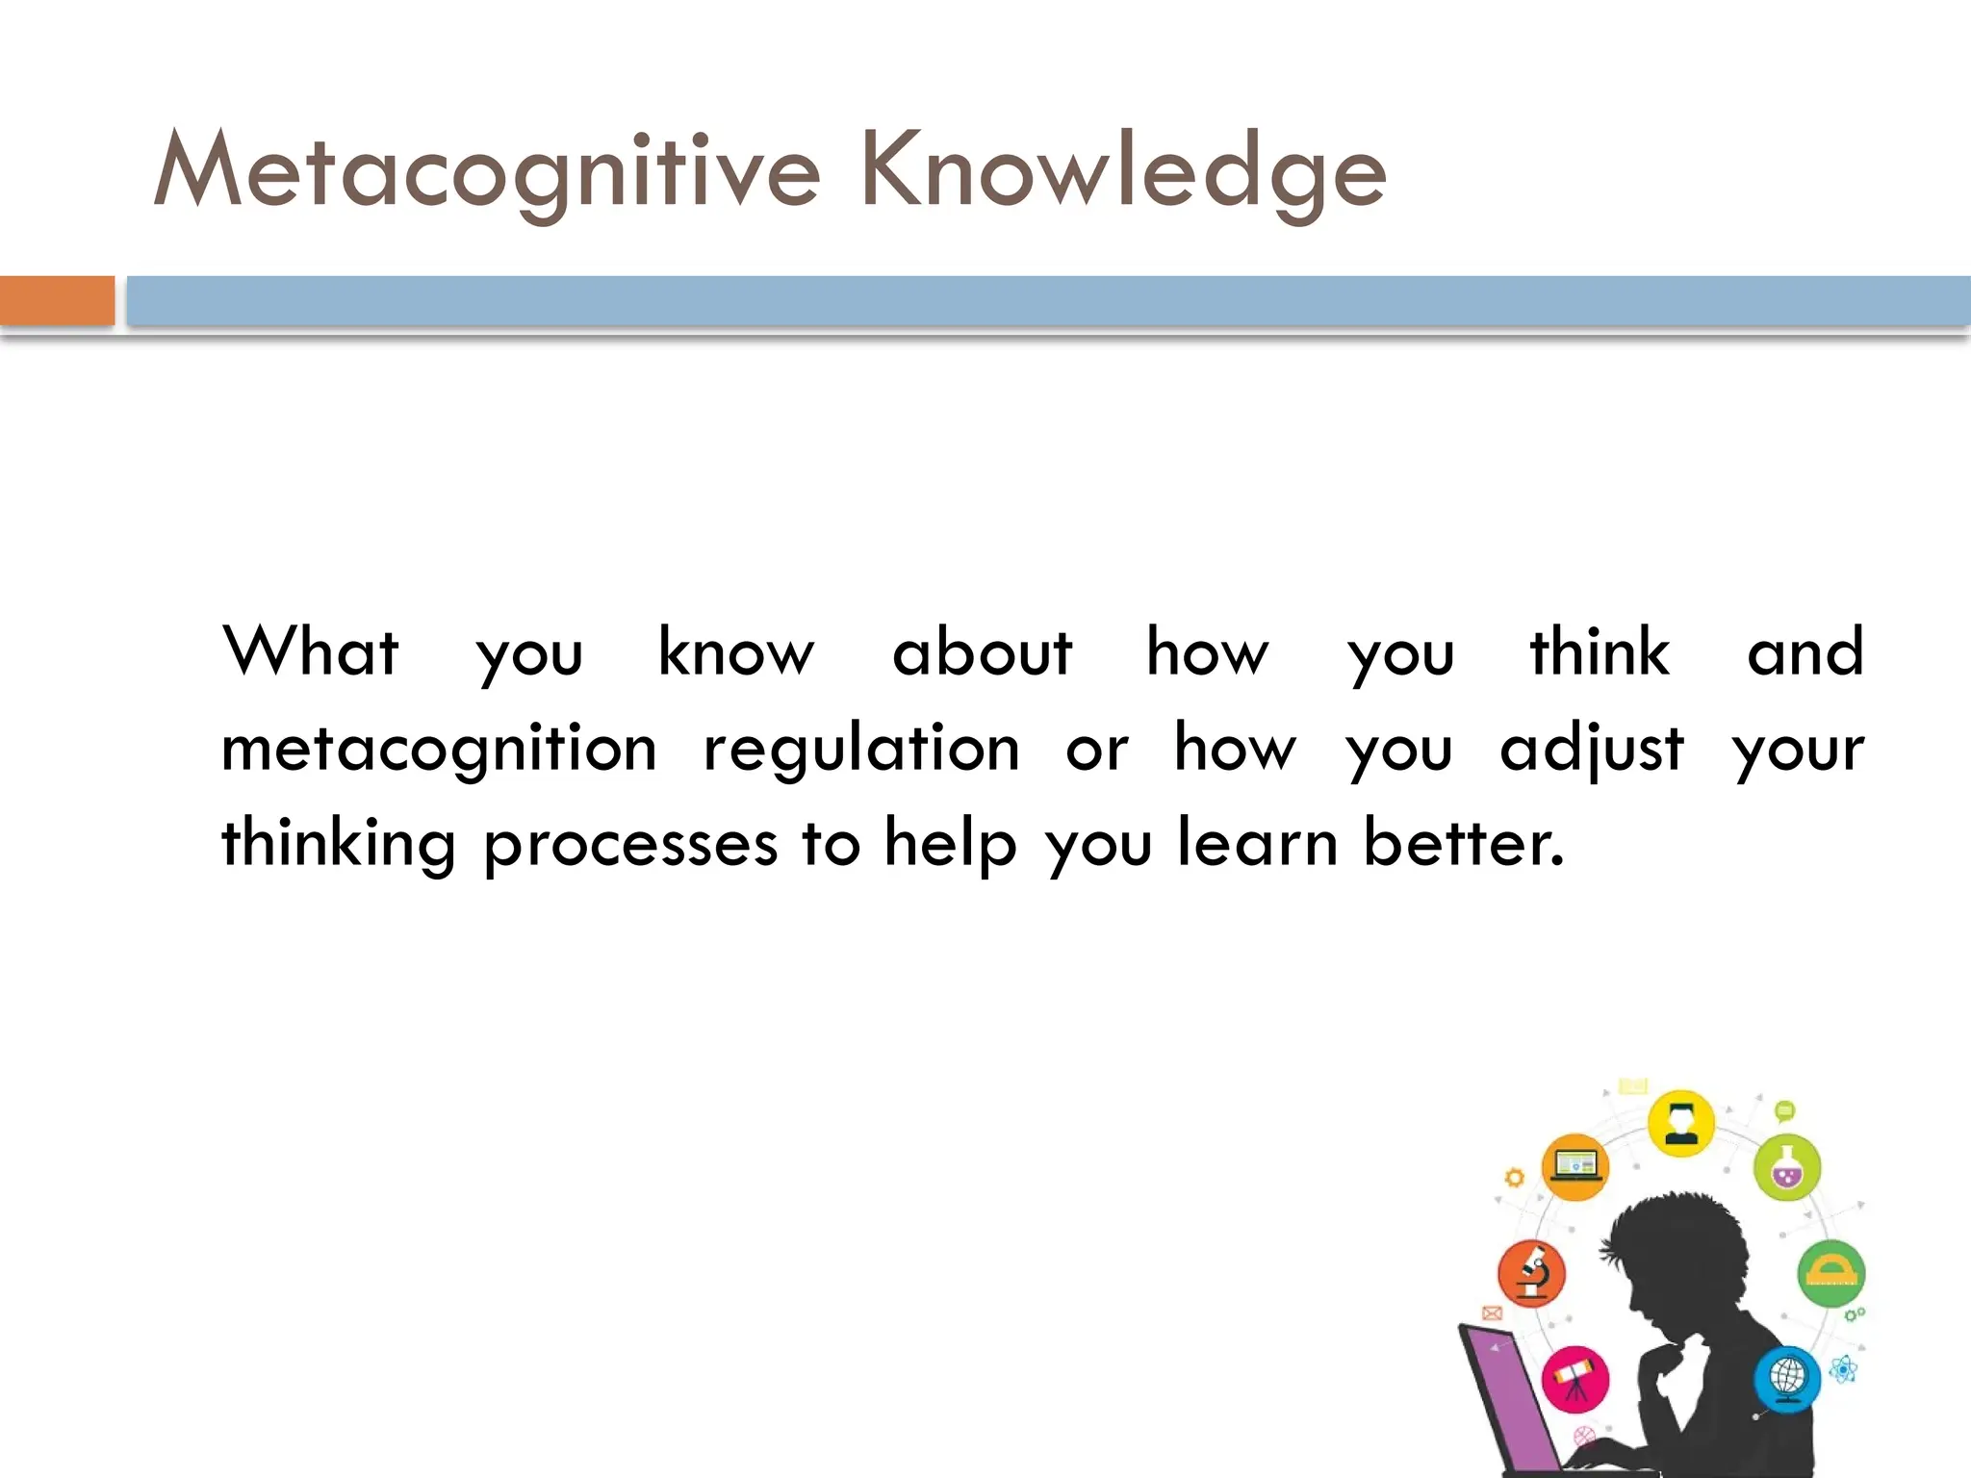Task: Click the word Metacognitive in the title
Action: coord(487,171)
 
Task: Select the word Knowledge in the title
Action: coord(1123,171)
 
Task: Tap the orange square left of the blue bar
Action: coord(57,300)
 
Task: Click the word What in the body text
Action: coord(310,651)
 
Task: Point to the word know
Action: coord(736,651)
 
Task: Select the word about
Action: coord(982,651)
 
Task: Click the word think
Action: coord(1600,651)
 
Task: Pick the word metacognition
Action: coord(439,749)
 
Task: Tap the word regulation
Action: coord(861,749)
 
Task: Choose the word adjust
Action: coord(1592,749)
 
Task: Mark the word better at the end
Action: coord(1463,843)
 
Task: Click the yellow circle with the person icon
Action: coord(1680,1122)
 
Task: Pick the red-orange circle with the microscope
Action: coord(1531,1273)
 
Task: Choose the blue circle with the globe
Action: coord(1787,1377)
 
